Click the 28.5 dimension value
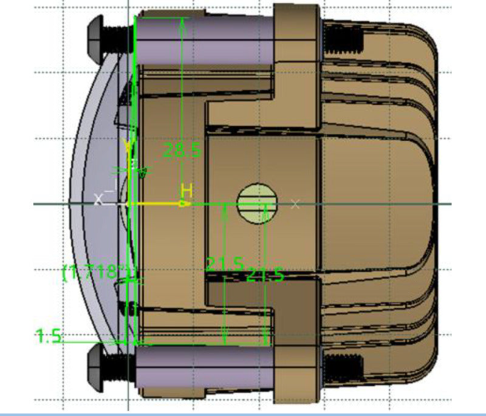click(x=182, y=150)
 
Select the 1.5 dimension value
click(x=49, y=336)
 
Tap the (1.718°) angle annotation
click(x=97, y=271)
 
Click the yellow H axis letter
click(x=187, y=191)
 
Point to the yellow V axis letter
click(x=128, y=146)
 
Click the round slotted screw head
click(x=256, y=203)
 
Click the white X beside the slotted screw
click(x=295, y=204)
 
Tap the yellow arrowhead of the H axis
click(x=182, y=204)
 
